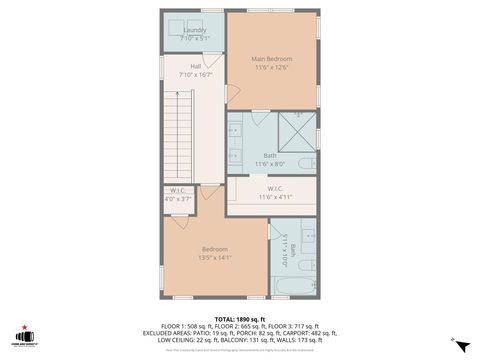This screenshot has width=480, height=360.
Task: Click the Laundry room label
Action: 194,30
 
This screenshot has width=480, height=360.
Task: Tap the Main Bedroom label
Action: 270,59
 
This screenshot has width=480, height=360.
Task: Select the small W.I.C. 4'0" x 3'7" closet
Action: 177,195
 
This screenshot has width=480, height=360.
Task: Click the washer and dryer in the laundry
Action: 194,27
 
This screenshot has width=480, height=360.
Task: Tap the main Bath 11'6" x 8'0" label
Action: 270,159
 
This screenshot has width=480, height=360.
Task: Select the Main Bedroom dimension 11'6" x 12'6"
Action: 270,67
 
